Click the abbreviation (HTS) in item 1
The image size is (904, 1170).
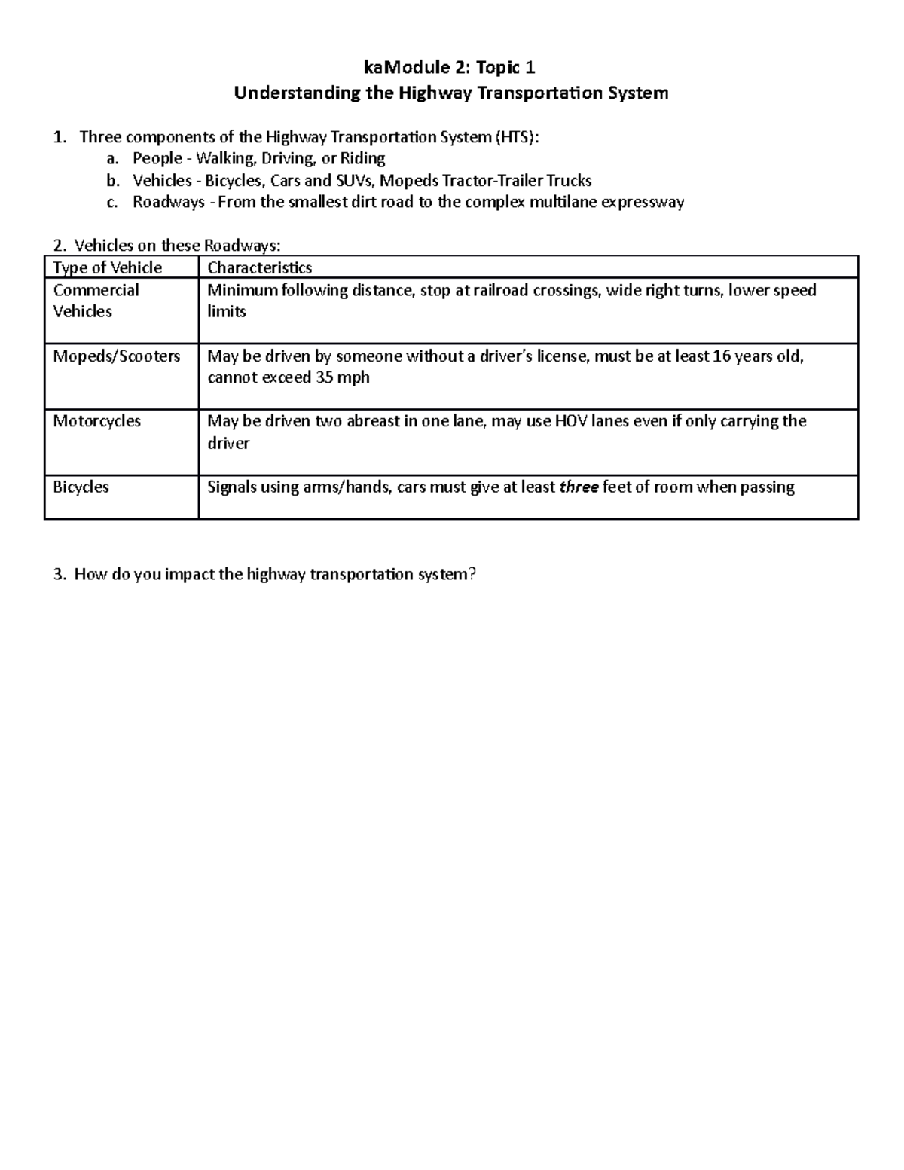click(516, 137)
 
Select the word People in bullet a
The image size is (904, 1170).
click(157, 159)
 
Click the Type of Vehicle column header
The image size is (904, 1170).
click(108, 268)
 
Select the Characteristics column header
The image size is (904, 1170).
click(259, 268)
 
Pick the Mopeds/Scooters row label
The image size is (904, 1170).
click(117, 356)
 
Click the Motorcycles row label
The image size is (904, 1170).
click(96, 421)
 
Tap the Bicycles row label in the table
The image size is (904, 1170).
click(81, 487)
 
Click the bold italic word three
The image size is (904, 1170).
click(579, 487)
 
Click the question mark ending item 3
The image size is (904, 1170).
click(472, 575)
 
